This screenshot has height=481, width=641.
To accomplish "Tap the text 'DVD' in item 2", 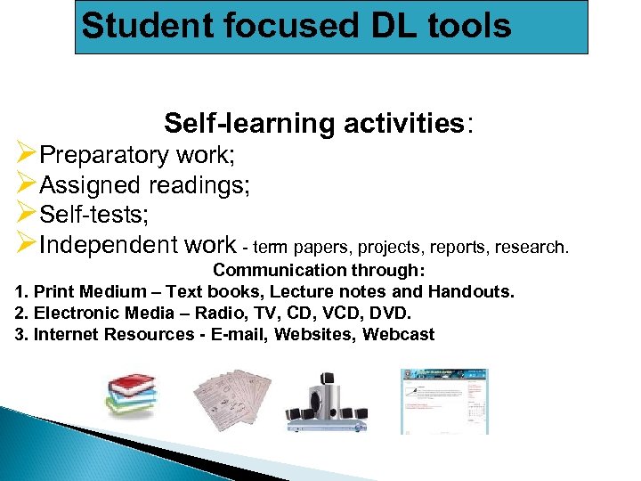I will point(391,313).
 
